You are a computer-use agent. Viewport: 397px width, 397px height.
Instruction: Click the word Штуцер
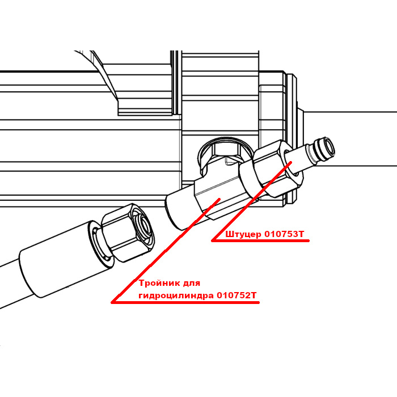pyautogui.click(x=243, y=235)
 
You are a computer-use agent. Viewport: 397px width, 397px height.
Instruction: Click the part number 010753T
pyautogui.click(x=284, y=234)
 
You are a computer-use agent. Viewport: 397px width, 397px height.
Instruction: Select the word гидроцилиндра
pyautogui.click(x=176, y=295)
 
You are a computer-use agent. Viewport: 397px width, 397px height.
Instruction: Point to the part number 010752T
pyautogui.click(x=236, y=295)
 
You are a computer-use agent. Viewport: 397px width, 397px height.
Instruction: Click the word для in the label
pyautogui.click(x=192, y=284)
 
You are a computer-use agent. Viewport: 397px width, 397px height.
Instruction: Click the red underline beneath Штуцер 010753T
pyautogui.click(x=260, y=241)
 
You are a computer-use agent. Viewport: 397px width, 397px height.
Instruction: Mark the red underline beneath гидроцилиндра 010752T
pyautogui.click(x=185, y=302)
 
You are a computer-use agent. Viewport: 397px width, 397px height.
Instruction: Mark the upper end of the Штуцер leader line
pyautogui.click(x=290, y=162)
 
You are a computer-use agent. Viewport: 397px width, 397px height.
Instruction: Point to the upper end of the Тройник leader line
pyautogui.click(x=219, y=199)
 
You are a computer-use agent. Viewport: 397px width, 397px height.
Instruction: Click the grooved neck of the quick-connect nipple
pyautogui.click(x=314, y=153)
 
